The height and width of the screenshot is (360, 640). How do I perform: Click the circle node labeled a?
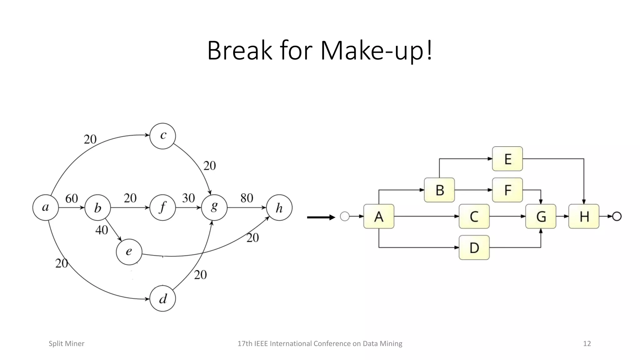coord(46,207)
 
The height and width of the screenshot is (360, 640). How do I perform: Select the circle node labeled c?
coord(163,136)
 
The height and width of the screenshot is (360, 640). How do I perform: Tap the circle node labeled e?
coord(129,252)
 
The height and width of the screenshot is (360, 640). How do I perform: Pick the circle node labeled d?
coord(163,299)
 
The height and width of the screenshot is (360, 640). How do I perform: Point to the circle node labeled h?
coord(279,208)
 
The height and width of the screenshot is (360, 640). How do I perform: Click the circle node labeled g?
coord(214,207)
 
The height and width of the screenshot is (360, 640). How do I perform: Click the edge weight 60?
coord(72,198)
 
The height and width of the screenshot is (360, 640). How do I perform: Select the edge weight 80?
coord(247,198)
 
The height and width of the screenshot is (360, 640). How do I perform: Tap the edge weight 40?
coord(102,230)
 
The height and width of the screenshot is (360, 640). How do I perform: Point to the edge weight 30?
coord(188,198)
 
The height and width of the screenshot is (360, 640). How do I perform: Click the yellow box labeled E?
coord(507,159)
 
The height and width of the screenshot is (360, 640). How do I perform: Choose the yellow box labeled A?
coord(379,216)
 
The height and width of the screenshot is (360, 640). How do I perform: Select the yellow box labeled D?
coord(474,247)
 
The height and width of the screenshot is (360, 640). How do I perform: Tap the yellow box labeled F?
coord(507,190)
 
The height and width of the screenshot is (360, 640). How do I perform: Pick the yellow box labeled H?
coord(584,216)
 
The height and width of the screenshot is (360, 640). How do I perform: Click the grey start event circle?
coord(345,216)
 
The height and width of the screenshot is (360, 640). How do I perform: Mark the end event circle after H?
coord(617,216)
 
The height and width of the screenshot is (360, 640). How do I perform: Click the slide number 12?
coord(587,343)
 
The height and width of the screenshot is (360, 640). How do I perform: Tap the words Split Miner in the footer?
coord(67,343)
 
